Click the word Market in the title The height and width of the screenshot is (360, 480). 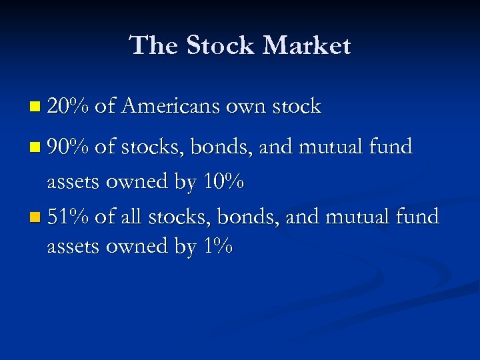tap(306, 45)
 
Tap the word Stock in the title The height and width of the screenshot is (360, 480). tap(220, 45)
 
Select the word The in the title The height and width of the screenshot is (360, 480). tap(154, 45)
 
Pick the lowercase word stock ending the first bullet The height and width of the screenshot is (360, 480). tap(297, 106)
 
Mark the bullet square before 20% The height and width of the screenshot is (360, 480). tap(35, 107)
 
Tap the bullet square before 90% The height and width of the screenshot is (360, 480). tap(35, 147)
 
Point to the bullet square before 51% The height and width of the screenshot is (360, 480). tap(35, 217)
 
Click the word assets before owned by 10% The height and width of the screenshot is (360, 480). tap(74, 182)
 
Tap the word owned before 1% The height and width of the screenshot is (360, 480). tap(140, 247)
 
